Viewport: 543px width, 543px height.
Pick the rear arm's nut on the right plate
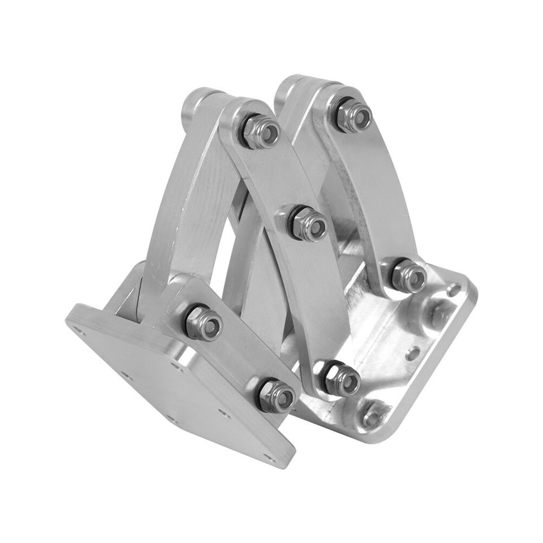pos(409,276)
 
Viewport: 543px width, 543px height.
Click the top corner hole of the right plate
pos(454,291)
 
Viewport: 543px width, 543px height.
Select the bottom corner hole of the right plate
pos(372,417)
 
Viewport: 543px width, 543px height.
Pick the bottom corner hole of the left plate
pos(268,456)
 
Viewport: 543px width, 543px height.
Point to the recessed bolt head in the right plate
pos(434,314)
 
